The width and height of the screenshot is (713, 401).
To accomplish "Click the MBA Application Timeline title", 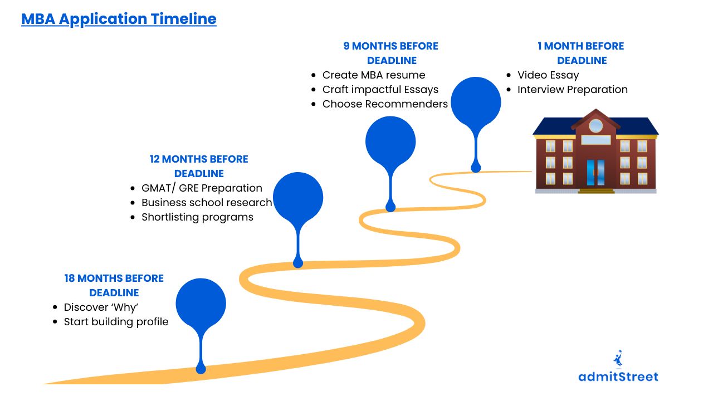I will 119,19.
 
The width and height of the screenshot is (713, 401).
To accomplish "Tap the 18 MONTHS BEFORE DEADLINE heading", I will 114,285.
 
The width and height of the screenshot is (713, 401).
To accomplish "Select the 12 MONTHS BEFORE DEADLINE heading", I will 199,166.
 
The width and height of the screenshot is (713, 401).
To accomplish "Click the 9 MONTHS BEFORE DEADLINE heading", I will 391,53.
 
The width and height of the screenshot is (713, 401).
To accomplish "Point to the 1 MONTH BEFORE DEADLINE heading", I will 581,53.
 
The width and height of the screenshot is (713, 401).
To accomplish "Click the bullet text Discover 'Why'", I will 101,307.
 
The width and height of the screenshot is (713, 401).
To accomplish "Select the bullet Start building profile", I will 116,322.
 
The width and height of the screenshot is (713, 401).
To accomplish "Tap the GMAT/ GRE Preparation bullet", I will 202,188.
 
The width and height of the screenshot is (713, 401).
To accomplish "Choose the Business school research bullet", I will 207,203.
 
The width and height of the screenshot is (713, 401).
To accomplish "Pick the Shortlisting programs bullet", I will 197,217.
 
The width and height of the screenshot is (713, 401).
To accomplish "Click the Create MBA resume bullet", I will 374,75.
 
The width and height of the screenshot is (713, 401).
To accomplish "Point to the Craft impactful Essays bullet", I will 380,90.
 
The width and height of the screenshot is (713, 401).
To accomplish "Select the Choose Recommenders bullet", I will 385,104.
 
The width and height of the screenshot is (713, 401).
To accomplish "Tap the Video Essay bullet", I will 548,75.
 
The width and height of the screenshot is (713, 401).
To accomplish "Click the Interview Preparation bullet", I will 573,90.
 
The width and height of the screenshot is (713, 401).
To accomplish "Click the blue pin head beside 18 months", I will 201,304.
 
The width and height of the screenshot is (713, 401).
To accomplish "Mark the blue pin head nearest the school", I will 476,102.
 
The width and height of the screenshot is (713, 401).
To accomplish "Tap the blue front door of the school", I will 595,173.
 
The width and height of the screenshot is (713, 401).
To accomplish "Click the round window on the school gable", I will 595,125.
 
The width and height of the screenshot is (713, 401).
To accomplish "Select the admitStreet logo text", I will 618,377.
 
